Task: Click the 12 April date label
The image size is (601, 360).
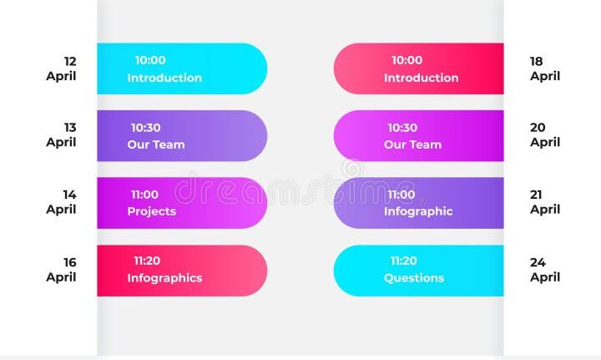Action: point(61,68)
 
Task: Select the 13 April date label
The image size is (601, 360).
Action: point(61,135)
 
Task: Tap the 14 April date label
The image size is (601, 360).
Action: point(61,202)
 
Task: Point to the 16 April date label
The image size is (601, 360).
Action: point(61,270)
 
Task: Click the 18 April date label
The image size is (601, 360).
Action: point(545,68)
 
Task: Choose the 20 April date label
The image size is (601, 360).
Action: point(545,135)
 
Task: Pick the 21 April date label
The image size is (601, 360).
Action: point(545,202)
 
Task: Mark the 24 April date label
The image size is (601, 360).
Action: point(545,270)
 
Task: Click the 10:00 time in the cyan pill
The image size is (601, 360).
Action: point(150,60)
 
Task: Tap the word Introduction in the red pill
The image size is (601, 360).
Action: point(422,78)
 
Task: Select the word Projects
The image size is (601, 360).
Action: point(152,211)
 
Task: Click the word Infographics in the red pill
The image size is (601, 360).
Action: point(164,278)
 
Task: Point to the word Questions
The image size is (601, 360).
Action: point(414,278)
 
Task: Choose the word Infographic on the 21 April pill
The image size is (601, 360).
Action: point(418,211)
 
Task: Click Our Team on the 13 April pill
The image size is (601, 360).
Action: point(156,145)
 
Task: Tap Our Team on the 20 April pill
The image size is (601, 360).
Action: point(413,145)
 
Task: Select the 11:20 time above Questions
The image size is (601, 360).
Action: point(404,261)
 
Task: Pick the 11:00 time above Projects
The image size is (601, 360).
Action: point(144,195)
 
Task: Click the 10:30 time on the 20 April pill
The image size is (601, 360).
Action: point(402,128)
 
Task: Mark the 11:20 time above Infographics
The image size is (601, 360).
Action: point(147,261)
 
